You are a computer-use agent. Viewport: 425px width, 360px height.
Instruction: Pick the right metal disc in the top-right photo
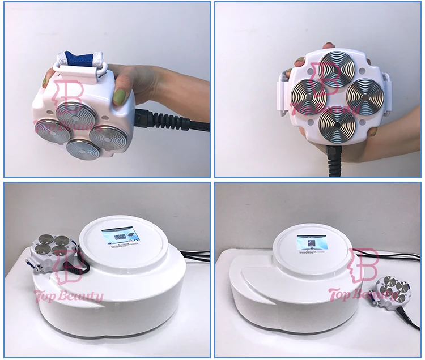(x=365, y=95)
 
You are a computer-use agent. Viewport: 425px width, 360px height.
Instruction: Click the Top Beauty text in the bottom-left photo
(x=70, y=296)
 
